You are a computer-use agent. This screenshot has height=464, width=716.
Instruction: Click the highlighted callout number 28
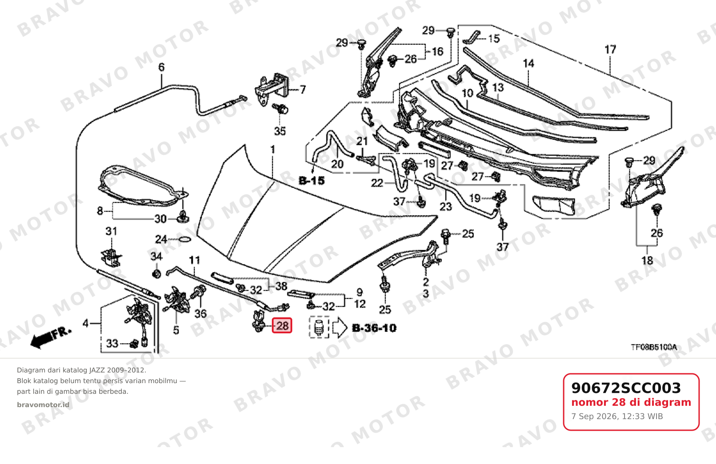pos(282,325)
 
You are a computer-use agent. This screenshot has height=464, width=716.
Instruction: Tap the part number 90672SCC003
pos(626,388)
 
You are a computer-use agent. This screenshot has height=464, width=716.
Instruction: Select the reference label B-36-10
pos(374,328)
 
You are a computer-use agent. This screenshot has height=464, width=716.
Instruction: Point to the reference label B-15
pos(312,181)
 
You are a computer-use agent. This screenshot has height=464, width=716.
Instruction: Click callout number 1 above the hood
pos(273,150)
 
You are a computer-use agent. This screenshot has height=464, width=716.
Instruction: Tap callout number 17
pos(610,50)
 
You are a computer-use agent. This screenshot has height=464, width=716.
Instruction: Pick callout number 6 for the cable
pos(161,67)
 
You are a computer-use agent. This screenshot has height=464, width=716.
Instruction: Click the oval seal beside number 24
pos(184,239)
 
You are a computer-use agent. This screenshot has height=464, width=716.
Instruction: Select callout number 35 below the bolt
pos(280,131)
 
